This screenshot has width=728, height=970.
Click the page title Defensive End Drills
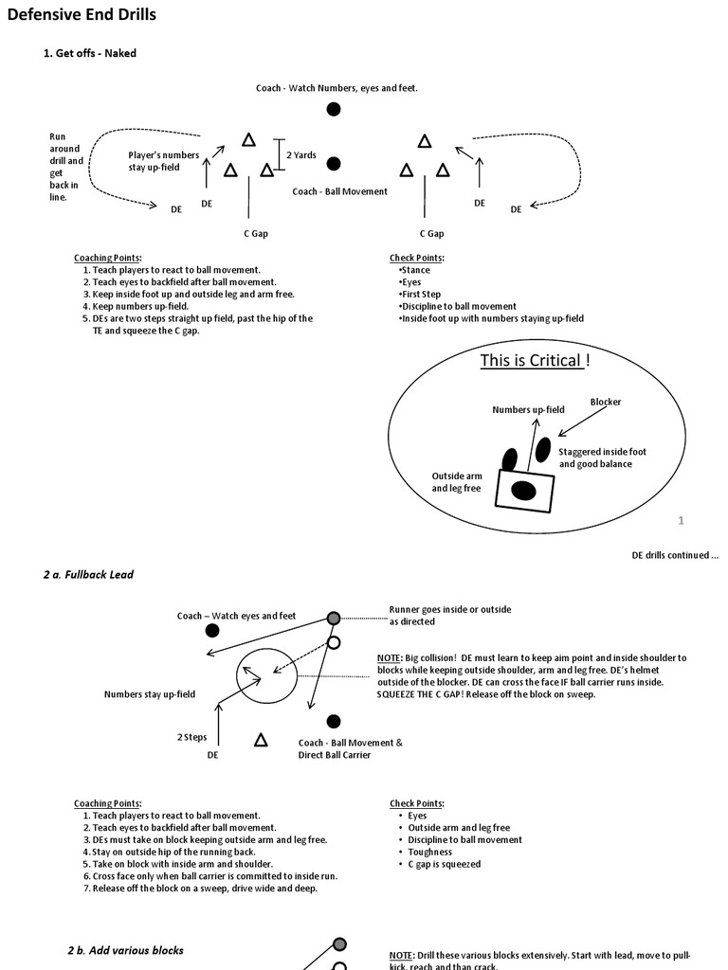(x=82, y=15)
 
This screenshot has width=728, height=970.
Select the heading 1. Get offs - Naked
(x=90, y=53)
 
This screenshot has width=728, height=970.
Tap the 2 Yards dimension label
(x=301, y=155)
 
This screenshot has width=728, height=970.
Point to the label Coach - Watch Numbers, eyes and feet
(x=337, y=88)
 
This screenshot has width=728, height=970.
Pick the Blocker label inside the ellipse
(x=606, y=402)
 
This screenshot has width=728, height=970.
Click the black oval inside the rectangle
(x=523, y=490)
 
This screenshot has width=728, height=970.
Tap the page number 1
(x=681, y=520)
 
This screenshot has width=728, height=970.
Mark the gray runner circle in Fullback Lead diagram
(x=334, y=618)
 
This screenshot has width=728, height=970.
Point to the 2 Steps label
(x=191, y=736)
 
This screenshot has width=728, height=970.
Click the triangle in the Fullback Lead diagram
(x=261, y=740)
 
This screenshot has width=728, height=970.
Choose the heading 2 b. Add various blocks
(x=125, y=949)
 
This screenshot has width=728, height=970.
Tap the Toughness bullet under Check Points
(x=429, y=852)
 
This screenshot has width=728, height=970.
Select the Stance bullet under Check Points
(x=415, y=270)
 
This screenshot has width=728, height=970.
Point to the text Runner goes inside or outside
(x=449, y=609)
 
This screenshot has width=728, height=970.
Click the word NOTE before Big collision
(x=389, y=657)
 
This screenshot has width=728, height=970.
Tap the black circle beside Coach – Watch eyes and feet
(x=212, y=630)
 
